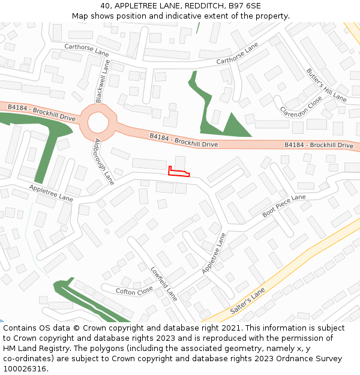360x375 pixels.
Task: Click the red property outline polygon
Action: point(178,173)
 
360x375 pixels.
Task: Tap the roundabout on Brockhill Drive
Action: point(98,122)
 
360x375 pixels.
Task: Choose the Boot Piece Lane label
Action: point(284,206)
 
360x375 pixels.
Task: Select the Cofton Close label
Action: point(134,291)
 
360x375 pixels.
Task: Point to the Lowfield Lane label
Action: point(164,283)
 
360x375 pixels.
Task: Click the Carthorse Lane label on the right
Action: point(237,53)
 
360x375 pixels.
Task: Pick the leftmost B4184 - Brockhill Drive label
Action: point(41,112)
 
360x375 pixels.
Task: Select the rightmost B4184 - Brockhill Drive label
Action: point(319,145)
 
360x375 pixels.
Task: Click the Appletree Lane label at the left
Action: point(50,193)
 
